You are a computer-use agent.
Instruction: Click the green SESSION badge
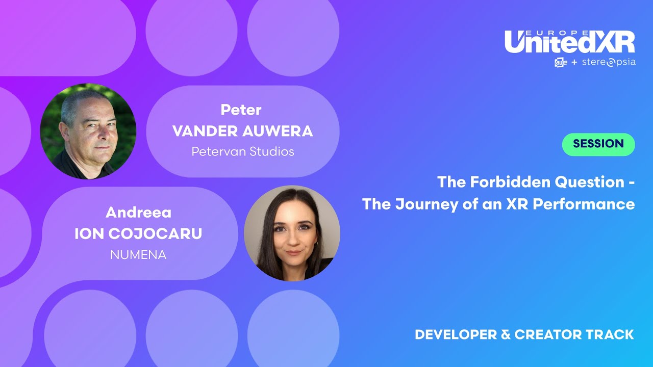[x=598, y=144]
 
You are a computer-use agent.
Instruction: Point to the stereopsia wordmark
[x=609, y=63]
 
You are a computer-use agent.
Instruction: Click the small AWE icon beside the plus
[x=561, y=63]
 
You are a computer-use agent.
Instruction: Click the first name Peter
[x=241, y=110]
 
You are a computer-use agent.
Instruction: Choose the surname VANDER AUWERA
[x=242, y=131]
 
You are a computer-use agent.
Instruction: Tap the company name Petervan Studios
[x=242, y=152]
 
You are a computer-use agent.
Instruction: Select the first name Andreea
[x=138, y=212]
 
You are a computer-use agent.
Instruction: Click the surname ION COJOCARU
[x=138, y=233]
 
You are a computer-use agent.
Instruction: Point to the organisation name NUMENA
[x=138, y=255]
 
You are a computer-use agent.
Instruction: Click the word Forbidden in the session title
[x=495, y=181]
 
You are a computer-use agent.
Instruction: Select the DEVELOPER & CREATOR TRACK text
[x=524, y=335]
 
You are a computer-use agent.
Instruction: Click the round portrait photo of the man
[x=88, y=131]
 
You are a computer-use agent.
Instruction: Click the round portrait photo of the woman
[x=292, y=233]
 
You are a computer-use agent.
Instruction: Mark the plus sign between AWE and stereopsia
[x=574, y=63]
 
